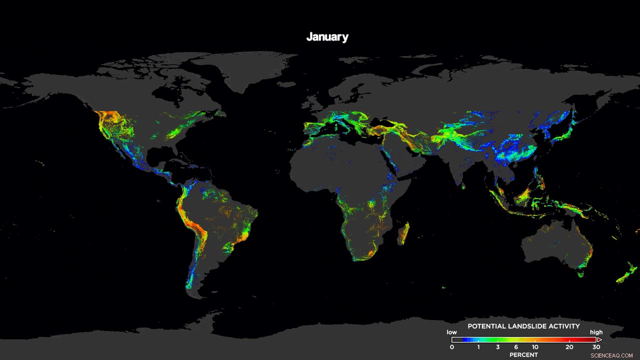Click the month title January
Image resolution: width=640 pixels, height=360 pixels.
[327, 37]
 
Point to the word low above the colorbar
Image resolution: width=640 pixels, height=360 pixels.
[451, 332]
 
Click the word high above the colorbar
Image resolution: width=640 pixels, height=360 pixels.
[596, 332]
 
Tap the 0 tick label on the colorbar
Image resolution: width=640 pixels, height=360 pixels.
[452, 347]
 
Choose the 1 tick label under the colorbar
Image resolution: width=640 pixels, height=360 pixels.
[478, 347]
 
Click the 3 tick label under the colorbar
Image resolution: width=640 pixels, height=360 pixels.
[498, 347]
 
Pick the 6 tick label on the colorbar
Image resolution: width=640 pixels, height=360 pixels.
[516, 347]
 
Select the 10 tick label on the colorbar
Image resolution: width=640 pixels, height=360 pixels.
[535, 347]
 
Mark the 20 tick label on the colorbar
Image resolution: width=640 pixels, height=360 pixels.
[569, 347]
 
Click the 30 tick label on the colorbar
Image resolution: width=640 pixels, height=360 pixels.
[596, 347]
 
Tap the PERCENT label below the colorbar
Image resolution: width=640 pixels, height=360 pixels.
[523, 355]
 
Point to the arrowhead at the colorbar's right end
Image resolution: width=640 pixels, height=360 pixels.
[599, 339]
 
